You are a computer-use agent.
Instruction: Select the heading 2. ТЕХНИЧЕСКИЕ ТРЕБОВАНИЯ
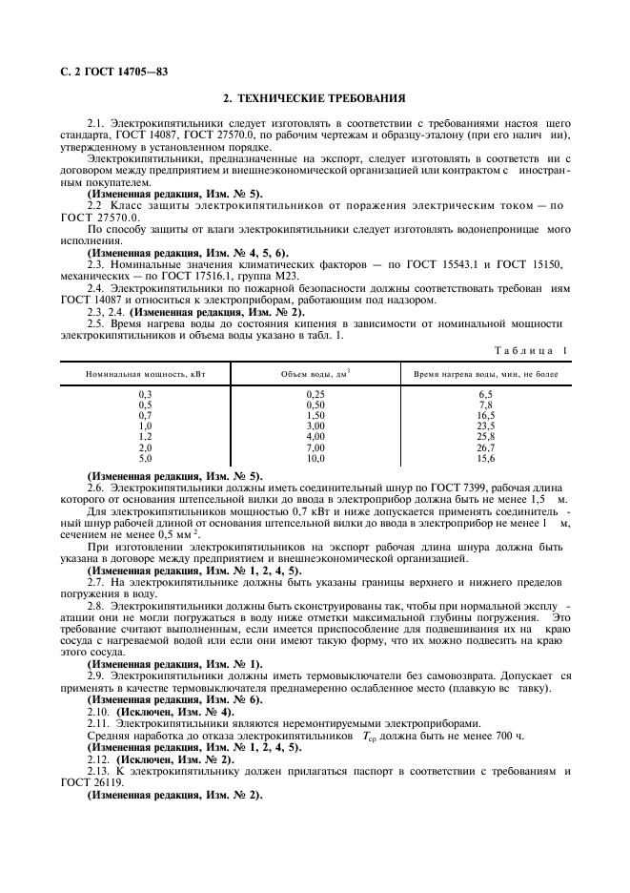(315, 98)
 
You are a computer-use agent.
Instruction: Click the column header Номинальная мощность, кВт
(145, 375)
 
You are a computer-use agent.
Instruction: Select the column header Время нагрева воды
(485, 375)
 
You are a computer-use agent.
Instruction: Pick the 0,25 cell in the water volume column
(315, 393)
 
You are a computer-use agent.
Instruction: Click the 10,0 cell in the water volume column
(315, 458)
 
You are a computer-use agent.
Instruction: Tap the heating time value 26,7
(485, 447)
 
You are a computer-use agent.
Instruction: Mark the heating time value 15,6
(485, 458)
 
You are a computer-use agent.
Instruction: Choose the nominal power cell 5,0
(145, 458)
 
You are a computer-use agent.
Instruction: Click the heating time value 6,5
(485, 393)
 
